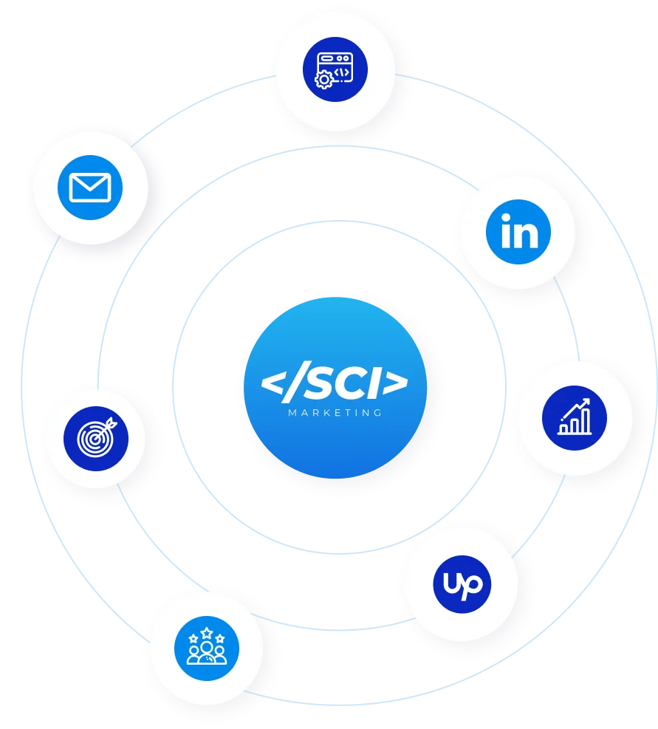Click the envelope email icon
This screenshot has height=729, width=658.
click(89, 188)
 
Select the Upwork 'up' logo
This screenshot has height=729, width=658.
click(462, 584)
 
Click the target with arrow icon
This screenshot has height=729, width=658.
click(96, 438)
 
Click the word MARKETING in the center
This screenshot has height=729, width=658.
click(335, 413)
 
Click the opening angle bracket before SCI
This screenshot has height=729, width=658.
click(275, 385)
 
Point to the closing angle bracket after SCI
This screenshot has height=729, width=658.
click(397, 384)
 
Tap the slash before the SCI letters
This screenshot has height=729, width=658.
click(298, 384)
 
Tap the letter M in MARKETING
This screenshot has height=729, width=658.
click(292, 413)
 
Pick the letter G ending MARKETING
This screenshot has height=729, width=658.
click(378, 413)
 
